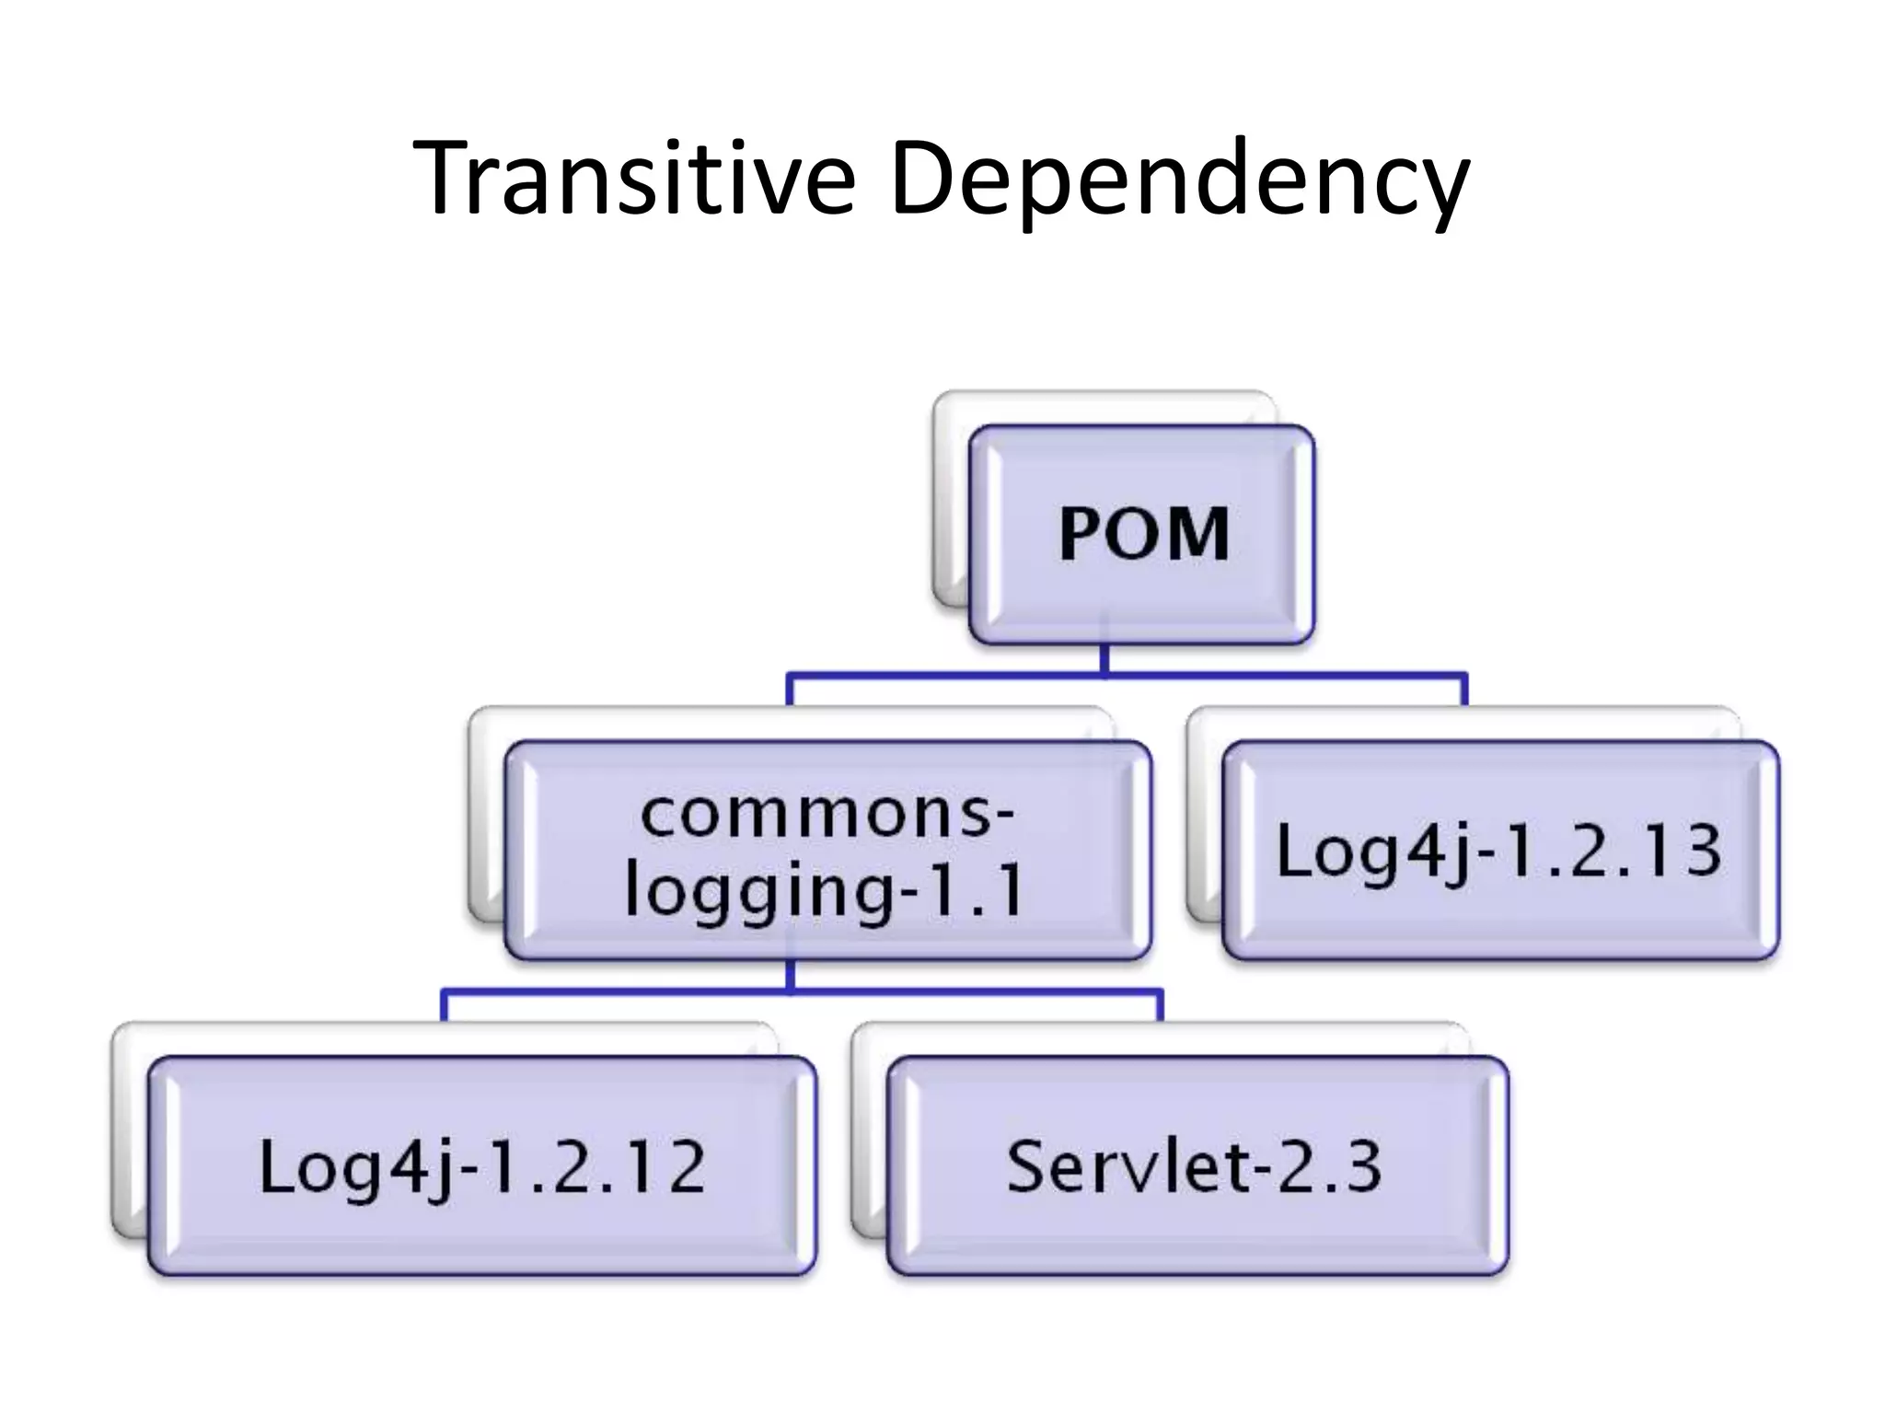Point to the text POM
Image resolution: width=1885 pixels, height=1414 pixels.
tap(1144, 534)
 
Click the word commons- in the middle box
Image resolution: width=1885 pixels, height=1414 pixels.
tap(827, 814)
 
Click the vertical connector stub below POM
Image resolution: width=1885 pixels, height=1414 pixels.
tap(1104, 658)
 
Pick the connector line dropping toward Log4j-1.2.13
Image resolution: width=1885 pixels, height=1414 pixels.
tap(1463, 690)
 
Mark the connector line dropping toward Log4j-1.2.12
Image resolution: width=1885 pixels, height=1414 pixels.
tap(445, 1006)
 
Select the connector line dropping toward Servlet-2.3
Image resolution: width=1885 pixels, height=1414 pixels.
tap(1159, 1006)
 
